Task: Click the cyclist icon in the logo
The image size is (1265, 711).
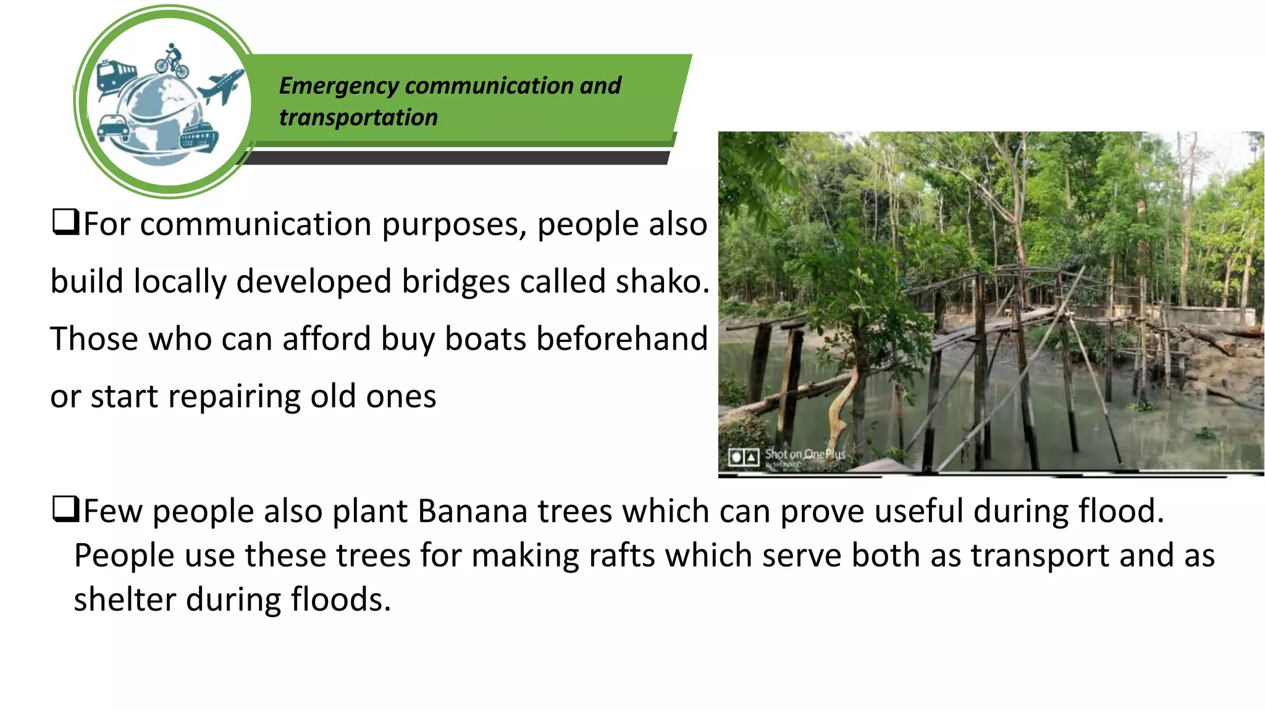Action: [x=172, y=60]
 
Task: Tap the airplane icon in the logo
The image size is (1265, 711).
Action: [x=221, y=87]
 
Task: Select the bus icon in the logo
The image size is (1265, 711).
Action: [x=116, y=78]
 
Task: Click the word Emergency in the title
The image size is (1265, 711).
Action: [x=338, y=86]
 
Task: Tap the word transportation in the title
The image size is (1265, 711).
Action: [x=358, y=117]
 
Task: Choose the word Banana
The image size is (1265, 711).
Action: [x=473, y=511]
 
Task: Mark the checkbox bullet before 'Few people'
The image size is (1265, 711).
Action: [x=65, y=509]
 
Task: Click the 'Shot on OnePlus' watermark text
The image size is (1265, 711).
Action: [x=805, y=454]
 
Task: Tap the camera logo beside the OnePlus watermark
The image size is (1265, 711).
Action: [x=744, y=457]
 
